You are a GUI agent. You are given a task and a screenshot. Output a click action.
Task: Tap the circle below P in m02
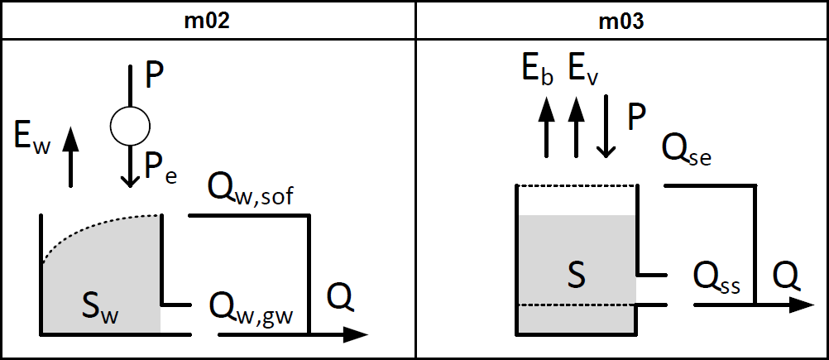click(x=130, y=125)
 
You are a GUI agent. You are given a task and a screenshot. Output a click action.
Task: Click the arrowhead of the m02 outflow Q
click(x=357, y=334)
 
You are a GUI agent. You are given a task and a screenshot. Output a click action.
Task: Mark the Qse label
click(x=688, y=150)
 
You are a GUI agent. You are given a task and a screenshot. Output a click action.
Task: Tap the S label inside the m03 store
click(x=576, y=274)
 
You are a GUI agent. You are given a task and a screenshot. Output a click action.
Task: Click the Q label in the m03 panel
click(x=786, y=272)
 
